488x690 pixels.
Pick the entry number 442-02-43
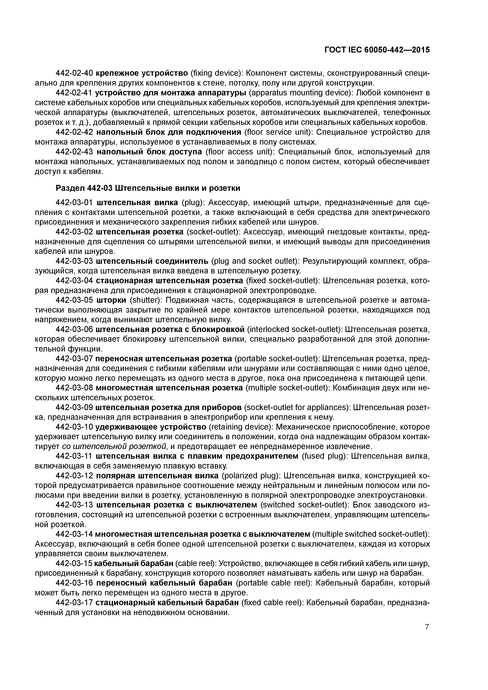[x=74, y=152]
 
